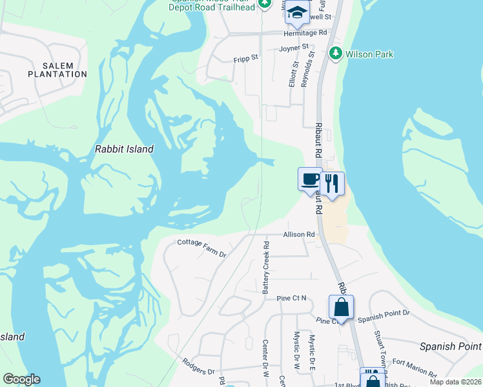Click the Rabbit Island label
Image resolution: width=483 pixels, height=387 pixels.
click(x=124, y=149)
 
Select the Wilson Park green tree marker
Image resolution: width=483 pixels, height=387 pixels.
click(x=335, y=54)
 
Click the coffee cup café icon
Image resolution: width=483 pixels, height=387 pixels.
click(x=310, y=179)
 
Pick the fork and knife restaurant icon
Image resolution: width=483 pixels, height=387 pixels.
click(x=332, y=183)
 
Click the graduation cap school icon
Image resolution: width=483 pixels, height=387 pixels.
click(x=296, y=12)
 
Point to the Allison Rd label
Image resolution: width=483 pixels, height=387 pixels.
click(x=298, y=235)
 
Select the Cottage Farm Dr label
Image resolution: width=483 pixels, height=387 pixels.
click(x=202, y=248)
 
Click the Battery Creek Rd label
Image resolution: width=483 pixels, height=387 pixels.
click(x=265, y=268)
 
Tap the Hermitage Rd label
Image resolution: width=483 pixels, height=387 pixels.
click(x=306, y=33)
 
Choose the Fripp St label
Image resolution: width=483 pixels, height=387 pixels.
click(x=246, y=57)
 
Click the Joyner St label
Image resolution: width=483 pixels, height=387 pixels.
click(x=294, y=48)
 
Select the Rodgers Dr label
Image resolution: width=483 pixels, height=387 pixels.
click(x=198, y=366)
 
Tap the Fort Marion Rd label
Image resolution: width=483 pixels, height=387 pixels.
click(x=415, y=368)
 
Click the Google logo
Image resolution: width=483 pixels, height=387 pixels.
click(x=21, y=379)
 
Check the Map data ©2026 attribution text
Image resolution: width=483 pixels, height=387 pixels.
click(x=455, y=382)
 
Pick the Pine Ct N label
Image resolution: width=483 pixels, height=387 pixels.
click(x=292, y=299)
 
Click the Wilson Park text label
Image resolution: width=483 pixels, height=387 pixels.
click(x=369, y=55)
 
